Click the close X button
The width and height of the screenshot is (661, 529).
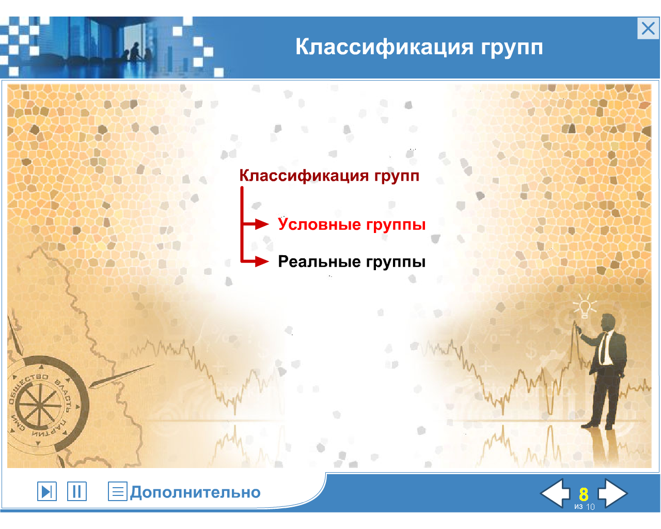648,28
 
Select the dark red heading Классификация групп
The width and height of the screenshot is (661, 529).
329,176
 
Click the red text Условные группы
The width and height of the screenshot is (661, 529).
352,224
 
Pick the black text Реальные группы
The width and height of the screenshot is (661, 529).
352,261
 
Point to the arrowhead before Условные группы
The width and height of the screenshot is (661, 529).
262,224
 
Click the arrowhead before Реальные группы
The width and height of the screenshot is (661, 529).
262,261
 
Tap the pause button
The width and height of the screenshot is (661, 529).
77,491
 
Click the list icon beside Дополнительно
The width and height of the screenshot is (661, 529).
118,491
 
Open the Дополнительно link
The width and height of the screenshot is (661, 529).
195,492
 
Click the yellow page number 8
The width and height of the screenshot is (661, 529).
584,494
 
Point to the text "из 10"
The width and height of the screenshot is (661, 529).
585,507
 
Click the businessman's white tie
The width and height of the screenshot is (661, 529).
602,349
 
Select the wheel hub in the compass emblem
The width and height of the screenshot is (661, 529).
39,405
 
